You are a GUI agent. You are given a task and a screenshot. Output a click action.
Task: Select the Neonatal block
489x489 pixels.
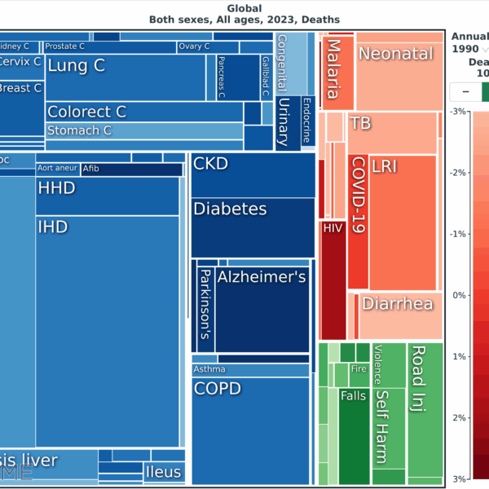pos(397,72)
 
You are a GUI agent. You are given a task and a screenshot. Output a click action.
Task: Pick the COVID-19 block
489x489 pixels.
pos(357,220)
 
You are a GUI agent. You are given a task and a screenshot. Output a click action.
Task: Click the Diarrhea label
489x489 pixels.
pos(397,304)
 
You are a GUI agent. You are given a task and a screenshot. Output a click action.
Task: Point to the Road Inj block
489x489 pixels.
pos(423,407)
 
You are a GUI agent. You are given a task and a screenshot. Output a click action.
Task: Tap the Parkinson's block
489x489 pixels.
pos(205,306)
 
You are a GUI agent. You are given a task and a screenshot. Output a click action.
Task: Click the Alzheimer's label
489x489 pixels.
pos(261,278)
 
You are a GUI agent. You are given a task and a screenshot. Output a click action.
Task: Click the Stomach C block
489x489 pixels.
pos(143,131)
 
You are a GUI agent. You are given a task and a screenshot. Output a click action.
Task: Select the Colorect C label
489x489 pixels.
pos(86,112)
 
